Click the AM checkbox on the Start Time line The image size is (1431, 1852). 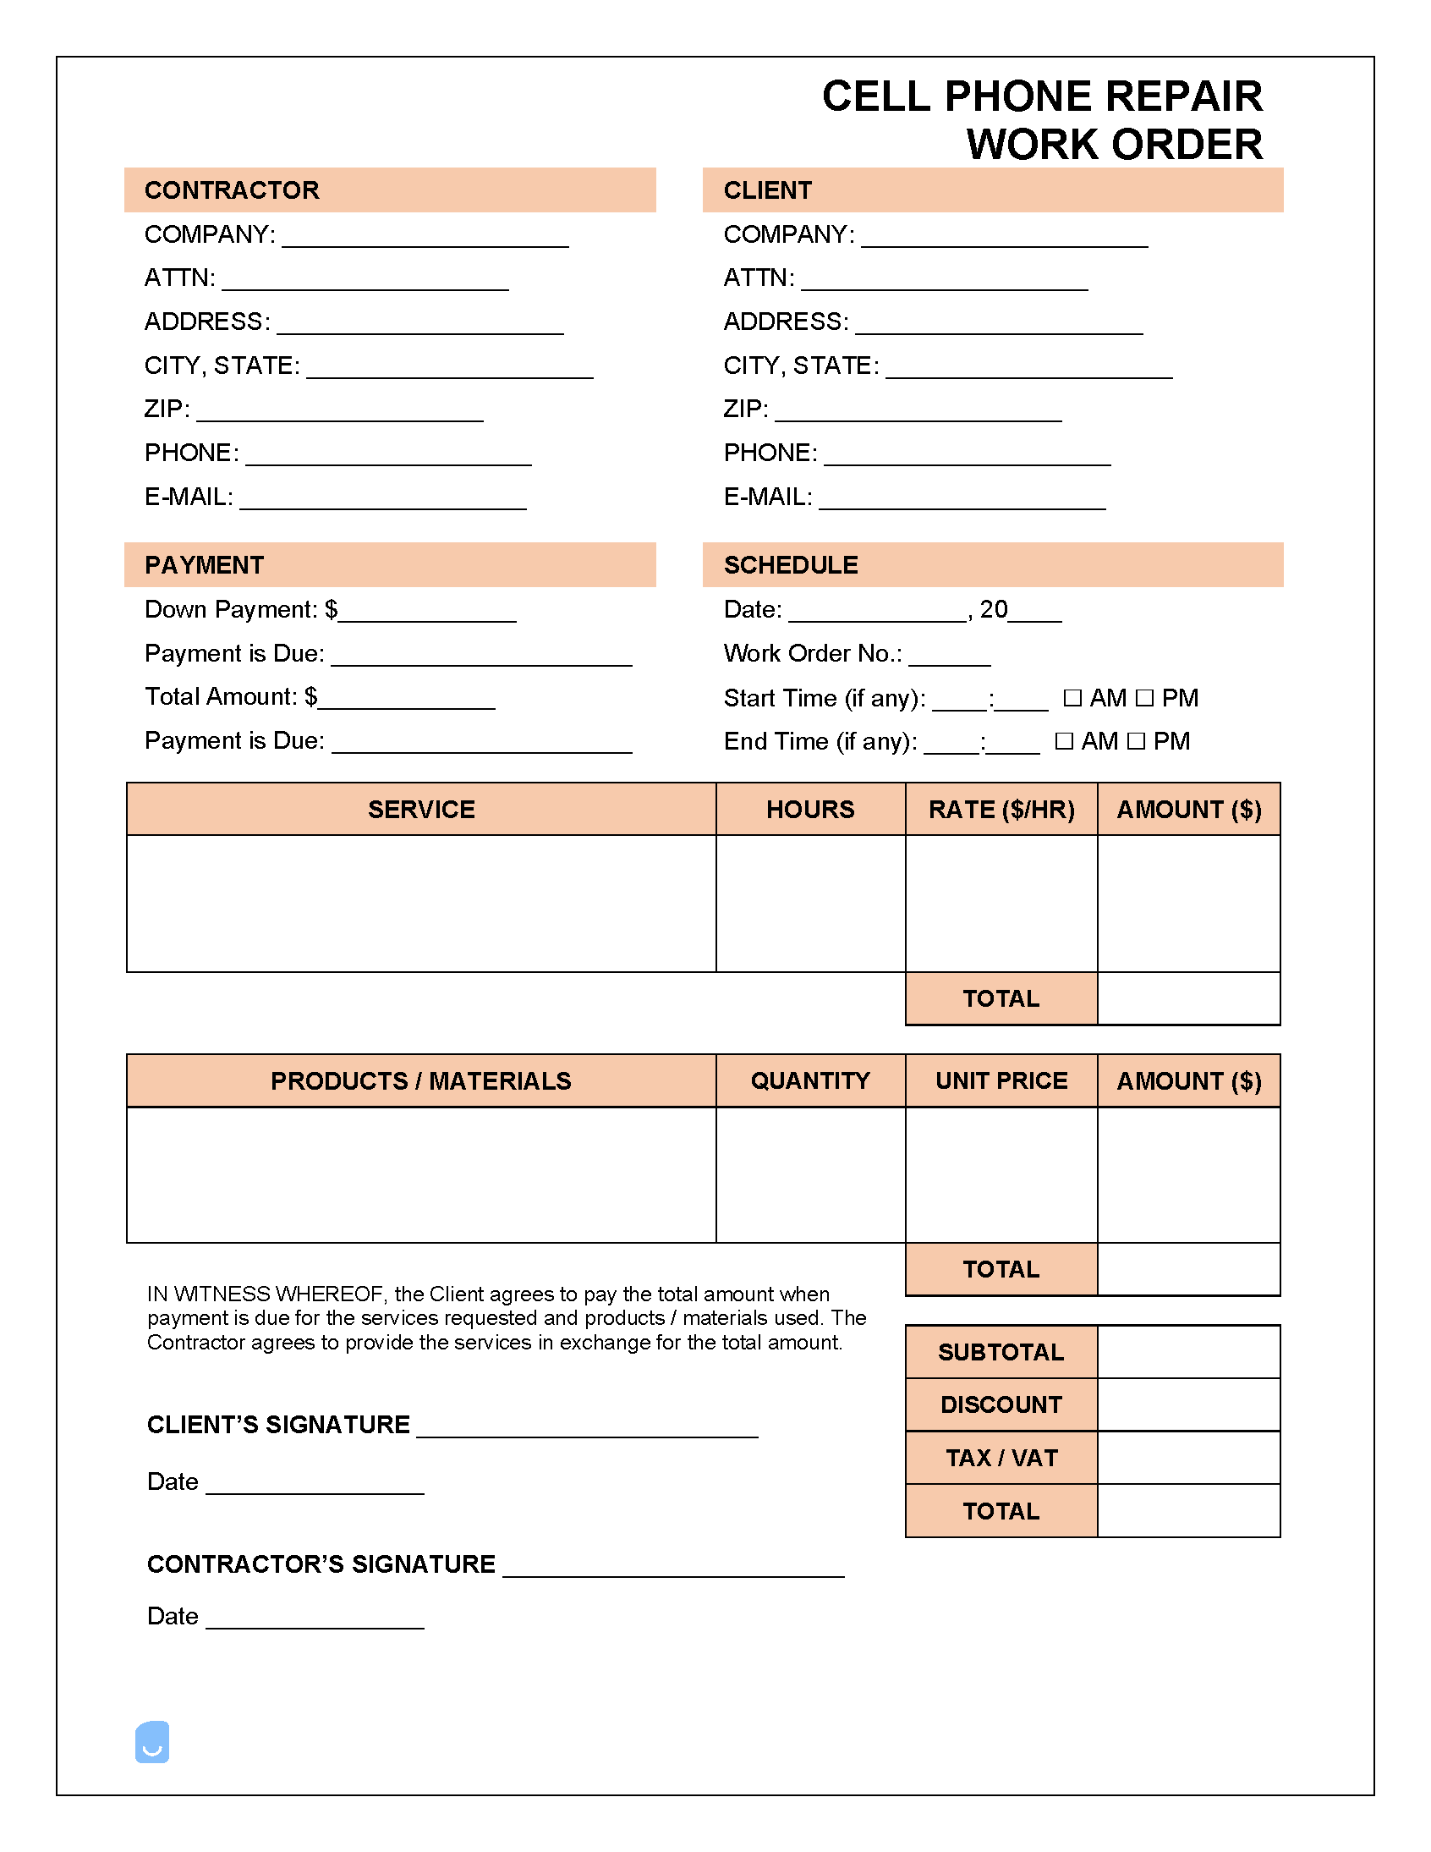click(1072, 698)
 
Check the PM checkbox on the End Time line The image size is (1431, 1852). click(1137, 741)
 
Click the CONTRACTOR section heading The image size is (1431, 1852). click(232, 190)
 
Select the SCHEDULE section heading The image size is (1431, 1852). click(790, 565)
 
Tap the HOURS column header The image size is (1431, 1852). click(809, 809)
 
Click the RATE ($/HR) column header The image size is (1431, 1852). click(1001, 809)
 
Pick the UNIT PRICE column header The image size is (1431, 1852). click(1001, 1080)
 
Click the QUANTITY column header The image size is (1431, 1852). click(809, 1080)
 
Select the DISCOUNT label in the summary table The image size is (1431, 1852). click(1001, 1404)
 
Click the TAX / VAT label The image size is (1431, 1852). click(1001, 1458)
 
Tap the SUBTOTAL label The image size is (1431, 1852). click(1001, 1352)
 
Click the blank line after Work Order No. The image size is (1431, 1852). click(949, 662)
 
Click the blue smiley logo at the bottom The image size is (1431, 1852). click(152, 1742)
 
